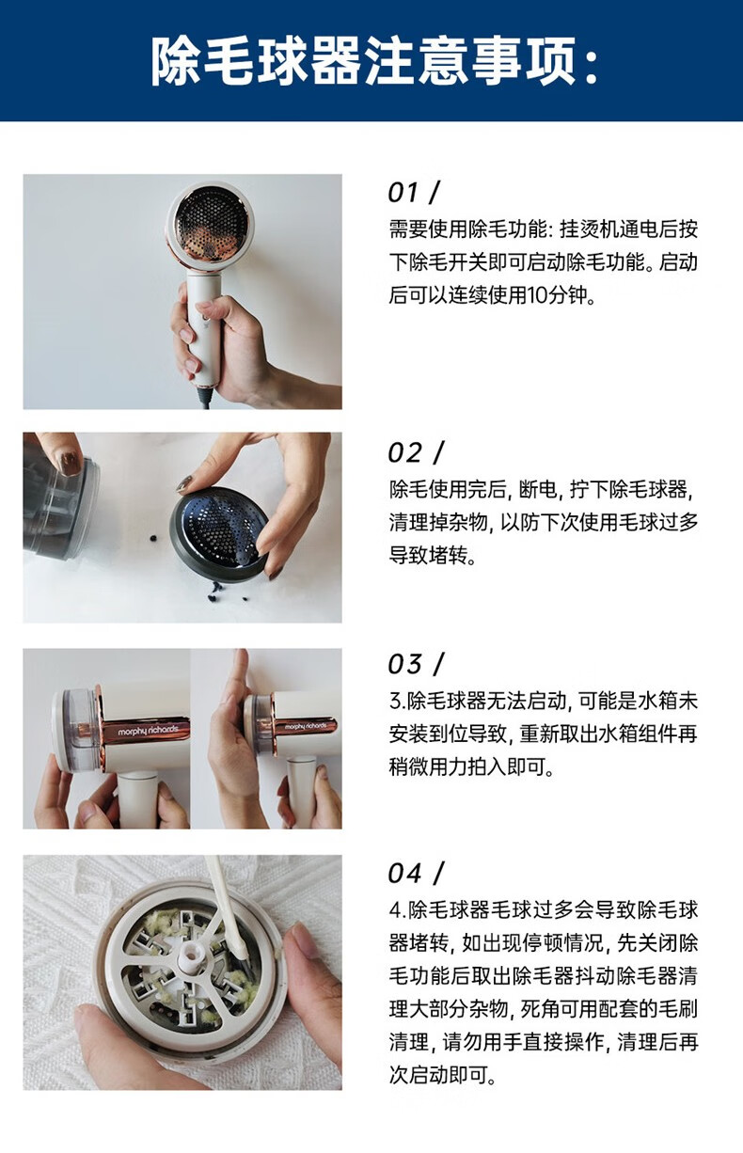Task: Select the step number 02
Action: [403, 453]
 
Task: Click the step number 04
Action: [404, 874]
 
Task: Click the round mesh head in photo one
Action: [210, 227]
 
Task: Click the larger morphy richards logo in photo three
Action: [148, 730]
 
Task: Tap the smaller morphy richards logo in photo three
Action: [306, 726]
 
